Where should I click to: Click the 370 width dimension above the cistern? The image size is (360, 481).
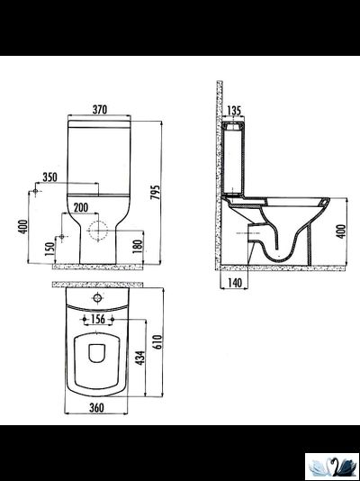tap(100, 110)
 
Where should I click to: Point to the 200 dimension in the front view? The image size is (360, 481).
tap(81, 207)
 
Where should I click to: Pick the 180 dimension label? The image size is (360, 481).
tap(138, 245)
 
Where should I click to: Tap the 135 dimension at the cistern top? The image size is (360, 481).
tap(235, 112)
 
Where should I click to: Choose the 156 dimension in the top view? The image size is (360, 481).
tap(99, 318)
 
